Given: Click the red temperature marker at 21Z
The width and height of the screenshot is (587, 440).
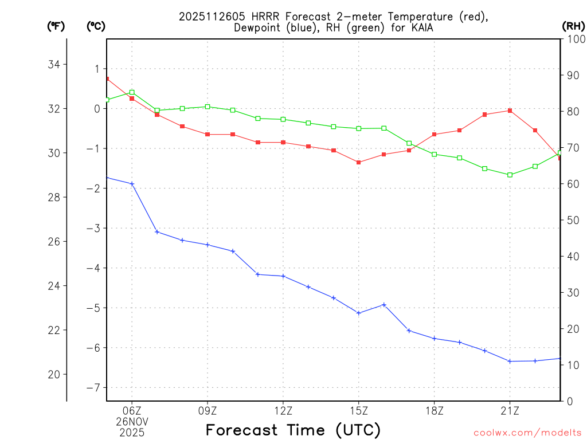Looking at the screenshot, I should click(510, 111).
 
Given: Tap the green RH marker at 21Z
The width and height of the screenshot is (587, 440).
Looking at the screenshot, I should click(510, 175).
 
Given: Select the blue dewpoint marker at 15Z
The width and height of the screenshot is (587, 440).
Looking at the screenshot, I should click(359, 313).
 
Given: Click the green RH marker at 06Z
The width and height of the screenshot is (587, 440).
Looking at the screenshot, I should click(132, 92).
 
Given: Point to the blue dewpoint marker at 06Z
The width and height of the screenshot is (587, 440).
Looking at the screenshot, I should click(132, 184).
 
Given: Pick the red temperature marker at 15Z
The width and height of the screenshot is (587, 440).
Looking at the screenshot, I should click(359, 162).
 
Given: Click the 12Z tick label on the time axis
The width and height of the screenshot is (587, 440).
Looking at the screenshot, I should click(283, 410).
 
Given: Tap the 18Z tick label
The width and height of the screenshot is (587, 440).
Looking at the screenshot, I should click(435, 410).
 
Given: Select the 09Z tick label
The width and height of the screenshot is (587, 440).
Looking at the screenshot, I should click(208, 410).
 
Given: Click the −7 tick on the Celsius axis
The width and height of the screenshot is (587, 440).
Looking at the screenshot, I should click(92, 387).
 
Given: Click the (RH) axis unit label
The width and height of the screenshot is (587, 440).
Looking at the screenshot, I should click(573, 26).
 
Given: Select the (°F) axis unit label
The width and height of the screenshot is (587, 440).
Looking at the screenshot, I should click(56, 26).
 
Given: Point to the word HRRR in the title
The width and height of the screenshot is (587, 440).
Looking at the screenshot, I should click(257, 17).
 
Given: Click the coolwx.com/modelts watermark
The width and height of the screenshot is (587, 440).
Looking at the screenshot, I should click(527, 433).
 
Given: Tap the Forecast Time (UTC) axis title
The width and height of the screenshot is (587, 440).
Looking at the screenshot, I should click(293, 430).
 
